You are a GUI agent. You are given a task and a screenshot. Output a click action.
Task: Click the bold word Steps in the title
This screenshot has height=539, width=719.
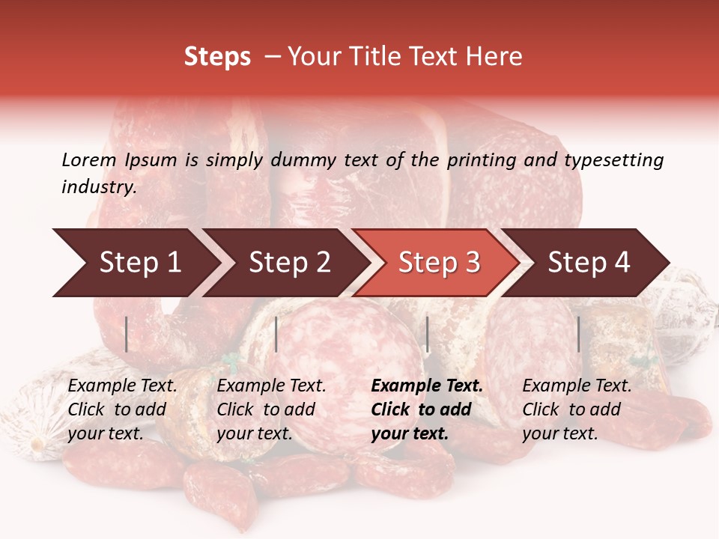tap(217, 57)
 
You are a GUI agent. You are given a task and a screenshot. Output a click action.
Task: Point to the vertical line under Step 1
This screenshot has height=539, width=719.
tap(127, 334)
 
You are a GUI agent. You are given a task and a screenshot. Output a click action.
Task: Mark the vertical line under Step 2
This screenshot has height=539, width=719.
tap(276, 334)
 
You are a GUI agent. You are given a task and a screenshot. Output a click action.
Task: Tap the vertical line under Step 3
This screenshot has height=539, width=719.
tap(428, 334)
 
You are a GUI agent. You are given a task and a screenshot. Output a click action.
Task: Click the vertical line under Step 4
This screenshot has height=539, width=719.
tap(578, 334)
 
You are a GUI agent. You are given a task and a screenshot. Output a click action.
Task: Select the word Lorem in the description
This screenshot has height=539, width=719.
tap(89, 159)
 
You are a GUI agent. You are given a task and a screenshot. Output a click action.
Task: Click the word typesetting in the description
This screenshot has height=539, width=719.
tap(613, 159)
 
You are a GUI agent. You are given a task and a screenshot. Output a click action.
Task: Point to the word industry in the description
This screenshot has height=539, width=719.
tap(98, 187)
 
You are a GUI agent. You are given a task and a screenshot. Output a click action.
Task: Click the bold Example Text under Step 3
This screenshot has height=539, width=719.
tap(427, 386)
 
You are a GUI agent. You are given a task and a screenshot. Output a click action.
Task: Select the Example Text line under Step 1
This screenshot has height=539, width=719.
tap(122, 386)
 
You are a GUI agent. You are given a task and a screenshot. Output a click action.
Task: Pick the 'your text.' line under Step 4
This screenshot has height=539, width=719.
tap(559, 433)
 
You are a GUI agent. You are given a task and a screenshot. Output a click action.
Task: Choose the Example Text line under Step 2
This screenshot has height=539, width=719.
tap(271, 386)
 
